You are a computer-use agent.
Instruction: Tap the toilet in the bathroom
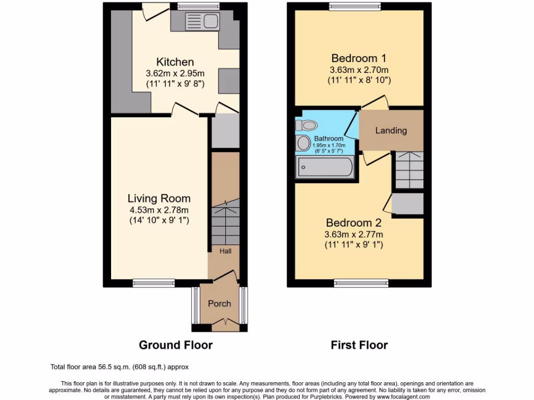(307, 126)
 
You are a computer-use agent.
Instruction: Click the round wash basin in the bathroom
(303, 143)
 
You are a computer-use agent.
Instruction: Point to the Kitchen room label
(175, 63)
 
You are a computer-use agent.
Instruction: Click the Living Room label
(159, 198)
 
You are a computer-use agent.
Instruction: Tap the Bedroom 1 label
(359, 58)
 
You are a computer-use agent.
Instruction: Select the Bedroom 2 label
(353, 223)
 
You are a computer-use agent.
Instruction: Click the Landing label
(391, 130)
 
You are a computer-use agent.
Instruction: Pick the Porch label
(220, 304)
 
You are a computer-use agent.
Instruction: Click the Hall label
(225, 251)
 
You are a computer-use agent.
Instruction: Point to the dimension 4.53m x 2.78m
(159, 210)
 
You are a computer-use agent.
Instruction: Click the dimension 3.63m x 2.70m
(359, 70)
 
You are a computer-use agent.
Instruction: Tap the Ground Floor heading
(176, 345)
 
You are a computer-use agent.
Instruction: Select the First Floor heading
(359, 345)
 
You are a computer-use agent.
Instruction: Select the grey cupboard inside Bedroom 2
(407, 204)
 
